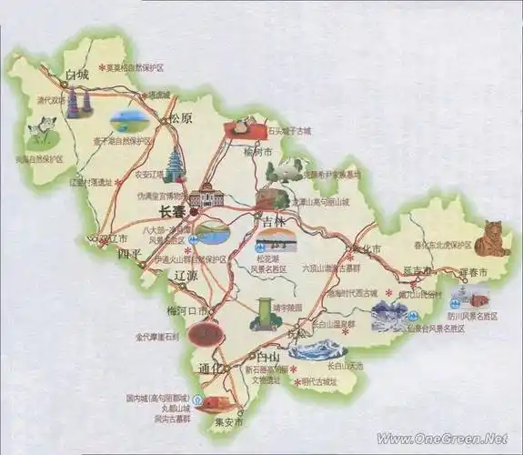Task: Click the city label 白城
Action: point(75,75)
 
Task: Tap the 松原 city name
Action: point(180,118)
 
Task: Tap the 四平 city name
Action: point(131,256)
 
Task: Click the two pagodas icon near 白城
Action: point(79,105)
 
